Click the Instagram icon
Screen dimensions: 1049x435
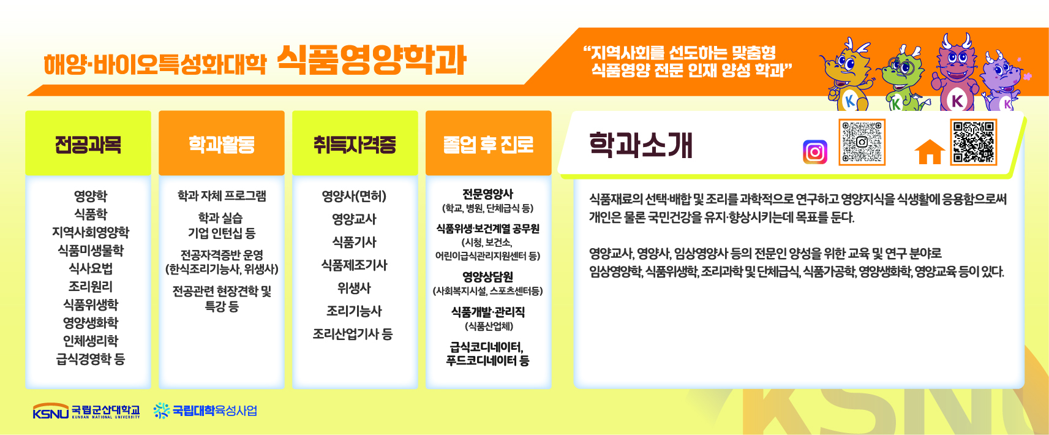pyautogui.click(x=815, y=152)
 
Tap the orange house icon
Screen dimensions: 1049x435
pyautogui.click(x=930, y=152)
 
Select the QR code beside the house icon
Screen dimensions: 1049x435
pyautogui.click(x=974, y=142)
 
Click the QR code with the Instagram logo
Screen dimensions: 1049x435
pyautogui.click(x=862, y=142)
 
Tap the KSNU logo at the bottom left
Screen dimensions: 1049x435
pyautogui.click(x=86, y=410)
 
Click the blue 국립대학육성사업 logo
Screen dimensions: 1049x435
pyautogui.click(x=205, y=410)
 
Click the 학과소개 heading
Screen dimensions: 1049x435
pyautogui.click(x=640, y=145)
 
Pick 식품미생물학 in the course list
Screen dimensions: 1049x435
pyautogui.click(x=91, y=251)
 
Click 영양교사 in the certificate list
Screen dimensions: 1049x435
pyautogui.click(x=354, y=219)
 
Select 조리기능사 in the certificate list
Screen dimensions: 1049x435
pyautogui.click(x=354, y=311)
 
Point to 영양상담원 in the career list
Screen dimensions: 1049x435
pyautogui.click(x=487, y=276)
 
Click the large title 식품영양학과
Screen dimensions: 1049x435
pyautogui.click(x=371, y=60)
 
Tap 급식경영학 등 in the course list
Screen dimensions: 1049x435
pyautogui.click(x=91, y=359)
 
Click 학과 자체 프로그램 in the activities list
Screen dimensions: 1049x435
pyautogui.click(x=222, y=195)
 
